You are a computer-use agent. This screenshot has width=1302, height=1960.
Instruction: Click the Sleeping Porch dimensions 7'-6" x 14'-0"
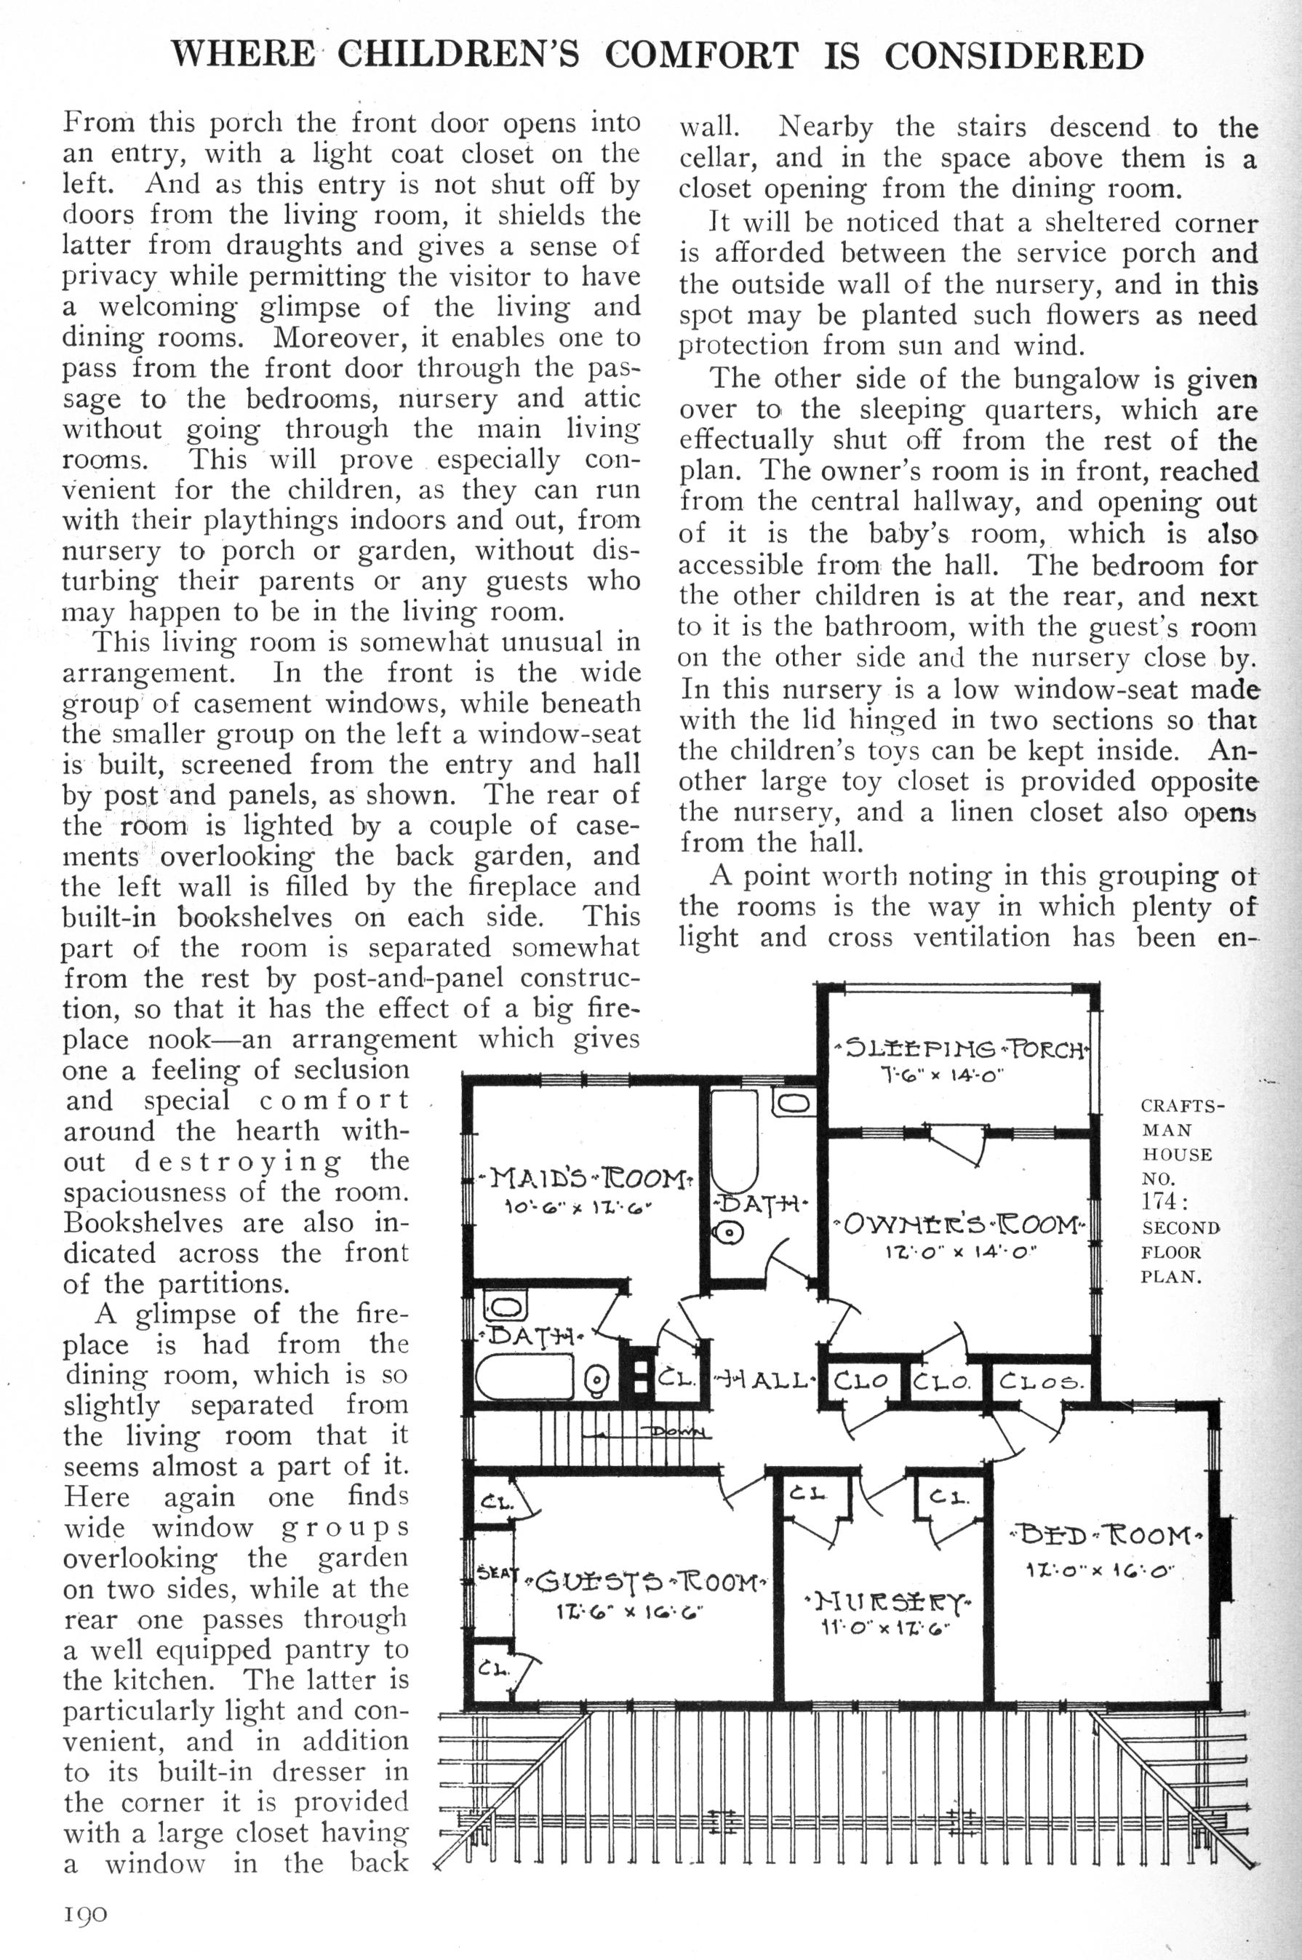coord(943,1074)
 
